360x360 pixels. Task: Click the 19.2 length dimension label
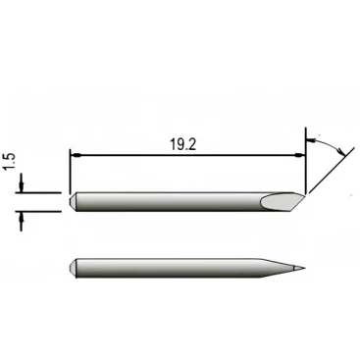click(182, 144)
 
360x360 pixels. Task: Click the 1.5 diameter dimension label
click(11, 162)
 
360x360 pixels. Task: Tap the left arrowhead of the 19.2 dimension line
click(76, 154)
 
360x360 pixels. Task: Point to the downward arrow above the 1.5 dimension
click(22, 183)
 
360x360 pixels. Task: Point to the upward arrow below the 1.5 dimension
click(22, 222)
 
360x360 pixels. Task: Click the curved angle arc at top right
click(326, 144)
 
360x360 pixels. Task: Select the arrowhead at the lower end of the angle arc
click(342, 152)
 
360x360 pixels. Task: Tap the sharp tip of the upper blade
click(305, 194)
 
